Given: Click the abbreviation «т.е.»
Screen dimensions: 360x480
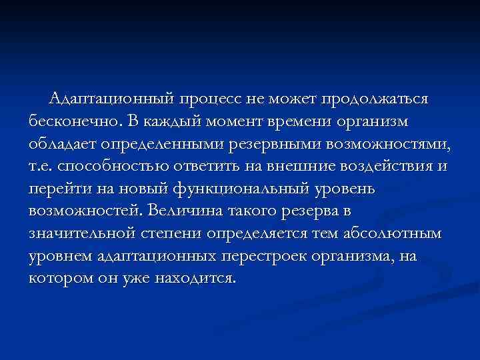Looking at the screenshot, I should (42, 167).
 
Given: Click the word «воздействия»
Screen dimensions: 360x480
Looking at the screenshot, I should (387, 167).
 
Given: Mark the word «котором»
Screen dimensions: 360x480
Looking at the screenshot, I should (60, 278).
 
